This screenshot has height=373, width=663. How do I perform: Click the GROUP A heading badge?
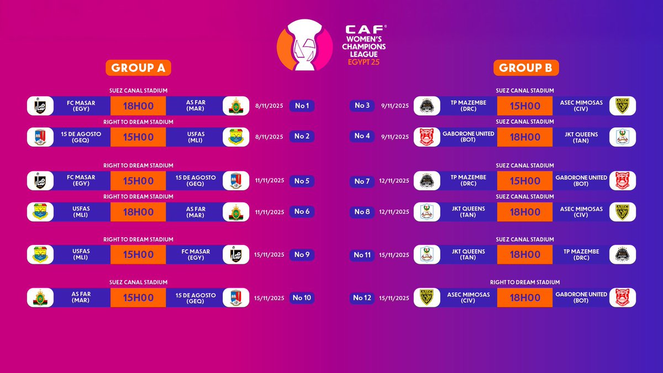click(138, 67)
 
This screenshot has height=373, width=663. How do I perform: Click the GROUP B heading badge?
click(526, 67)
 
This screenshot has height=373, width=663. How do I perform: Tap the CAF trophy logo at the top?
click(304, 45)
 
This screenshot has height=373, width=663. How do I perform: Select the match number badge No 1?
click(302, 106)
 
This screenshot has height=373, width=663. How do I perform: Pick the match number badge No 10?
click(302, 298)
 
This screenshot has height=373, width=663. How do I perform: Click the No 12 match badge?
click(362, 298)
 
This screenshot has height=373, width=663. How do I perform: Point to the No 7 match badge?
click(362, 181)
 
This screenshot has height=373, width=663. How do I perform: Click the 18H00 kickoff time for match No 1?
click(138, 106)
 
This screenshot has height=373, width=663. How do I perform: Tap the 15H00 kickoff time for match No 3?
click(525, 106)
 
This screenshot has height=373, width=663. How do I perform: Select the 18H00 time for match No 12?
click(525, 298)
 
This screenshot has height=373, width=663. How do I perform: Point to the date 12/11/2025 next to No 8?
click(395, 212)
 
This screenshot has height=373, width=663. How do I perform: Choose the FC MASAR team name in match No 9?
click(196, 255)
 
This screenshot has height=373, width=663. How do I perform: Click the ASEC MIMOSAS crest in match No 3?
click(622, 106)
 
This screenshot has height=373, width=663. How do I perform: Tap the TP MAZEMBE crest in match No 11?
click(622, 255)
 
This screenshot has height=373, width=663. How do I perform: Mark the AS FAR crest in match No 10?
click(40, 298)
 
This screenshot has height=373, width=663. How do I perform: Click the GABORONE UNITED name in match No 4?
click(469, 137)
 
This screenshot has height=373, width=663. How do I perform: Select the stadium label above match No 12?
click(525, 282)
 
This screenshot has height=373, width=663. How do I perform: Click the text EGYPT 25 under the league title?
click(364, 62)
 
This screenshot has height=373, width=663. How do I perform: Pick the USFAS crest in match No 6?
click(40, 212)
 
